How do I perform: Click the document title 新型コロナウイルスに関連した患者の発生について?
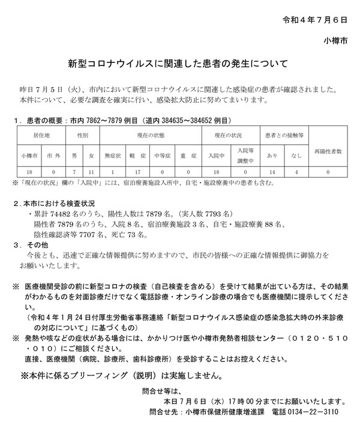178,62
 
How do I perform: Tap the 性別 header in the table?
82,135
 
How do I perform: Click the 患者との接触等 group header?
283,135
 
